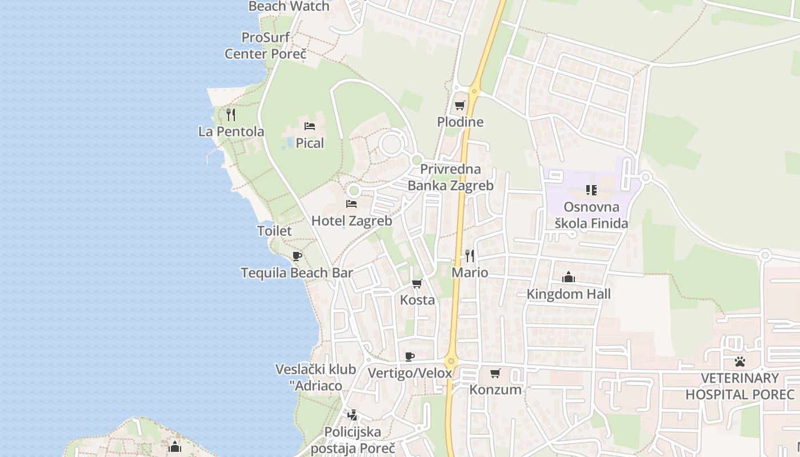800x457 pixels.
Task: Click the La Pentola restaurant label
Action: (231, 131)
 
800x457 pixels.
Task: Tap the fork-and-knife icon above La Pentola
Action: (231, 115)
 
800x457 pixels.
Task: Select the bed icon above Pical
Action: (310, 126)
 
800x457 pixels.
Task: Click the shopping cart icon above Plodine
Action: (460, 106)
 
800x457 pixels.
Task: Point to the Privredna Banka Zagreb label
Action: (450, 178)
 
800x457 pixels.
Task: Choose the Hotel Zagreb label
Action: (351, 221)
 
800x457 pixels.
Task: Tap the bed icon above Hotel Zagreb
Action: (351, 204)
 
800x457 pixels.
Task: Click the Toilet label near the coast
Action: (274, 231)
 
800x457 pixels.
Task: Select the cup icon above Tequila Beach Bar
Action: (297, 256)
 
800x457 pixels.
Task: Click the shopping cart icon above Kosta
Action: (417, 284)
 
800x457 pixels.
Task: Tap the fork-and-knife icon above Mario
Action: (470, 255)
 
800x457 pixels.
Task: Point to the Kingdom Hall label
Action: (569, 294)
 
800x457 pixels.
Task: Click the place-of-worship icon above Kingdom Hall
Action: (569, 278)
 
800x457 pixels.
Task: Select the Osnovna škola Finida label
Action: (591, 215)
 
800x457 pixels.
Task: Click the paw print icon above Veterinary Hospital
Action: (740, 362)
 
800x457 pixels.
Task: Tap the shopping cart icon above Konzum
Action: (495, 374)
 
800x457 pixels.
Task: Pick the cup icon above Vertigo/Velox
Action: (410, 357)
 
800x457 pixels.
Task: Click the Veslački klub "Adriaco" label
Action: (316, 378)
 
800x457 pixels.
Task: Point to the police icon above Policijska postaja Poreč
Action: (353, 415)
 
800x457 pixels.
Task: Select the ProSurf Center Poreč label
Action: (266, 46)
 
